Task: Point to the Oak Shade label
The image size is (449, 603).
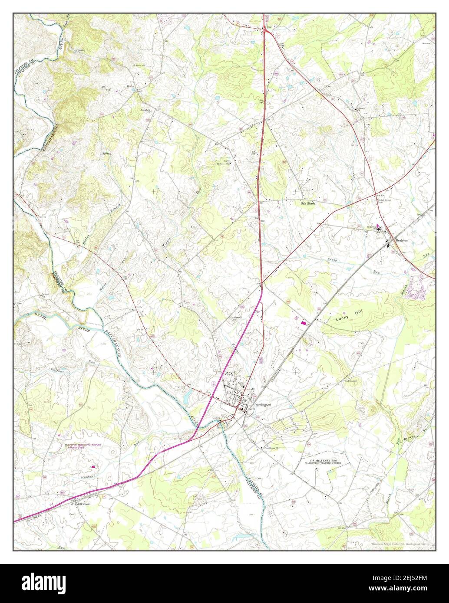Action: coord(308,203)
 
